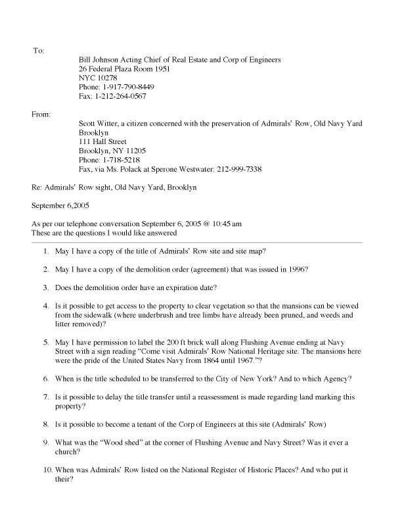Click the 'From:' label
[41, 114]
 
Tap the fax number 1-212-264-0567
[118, 97]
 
